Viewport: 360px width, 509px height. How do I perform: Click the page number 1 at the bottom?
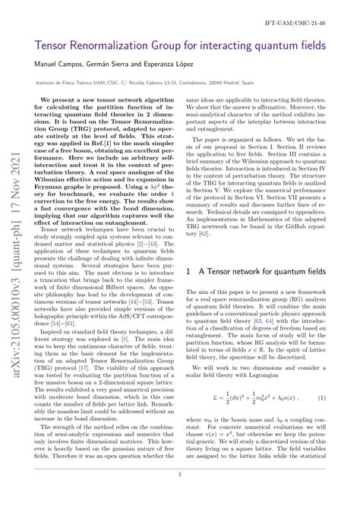[180, 493]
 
